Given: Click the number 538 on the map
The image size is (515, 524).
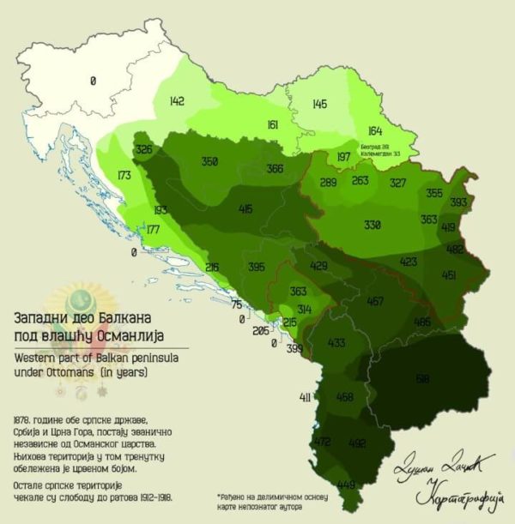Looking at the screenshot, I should [421, 377].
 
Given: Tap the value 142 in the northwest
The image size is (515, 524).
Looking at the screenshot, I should [177, 101].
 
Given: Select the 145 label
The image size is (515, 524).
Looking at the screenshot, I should [319, 105].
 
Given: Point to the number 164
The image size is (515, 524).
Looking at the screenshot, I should [374, 130].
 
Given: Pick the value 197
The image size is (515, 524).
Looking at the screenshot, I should [343, 157].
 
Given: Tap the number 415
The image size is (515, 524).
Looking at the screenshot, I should [246, 208].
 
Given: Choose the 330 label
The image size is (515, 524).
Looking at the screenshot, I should [372, 225].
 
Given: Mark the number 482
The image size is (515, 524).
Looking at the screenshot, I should [455, 250].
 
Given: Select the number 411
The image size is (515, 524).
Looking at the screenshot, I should [305, 397].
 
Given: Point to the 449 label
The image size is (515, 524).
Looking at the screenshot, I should [346, 485].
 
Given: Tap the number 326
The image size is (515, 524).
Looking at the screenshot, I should [144, 150].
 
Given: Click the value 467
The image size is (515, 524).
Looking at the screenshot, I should [375, 301].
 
